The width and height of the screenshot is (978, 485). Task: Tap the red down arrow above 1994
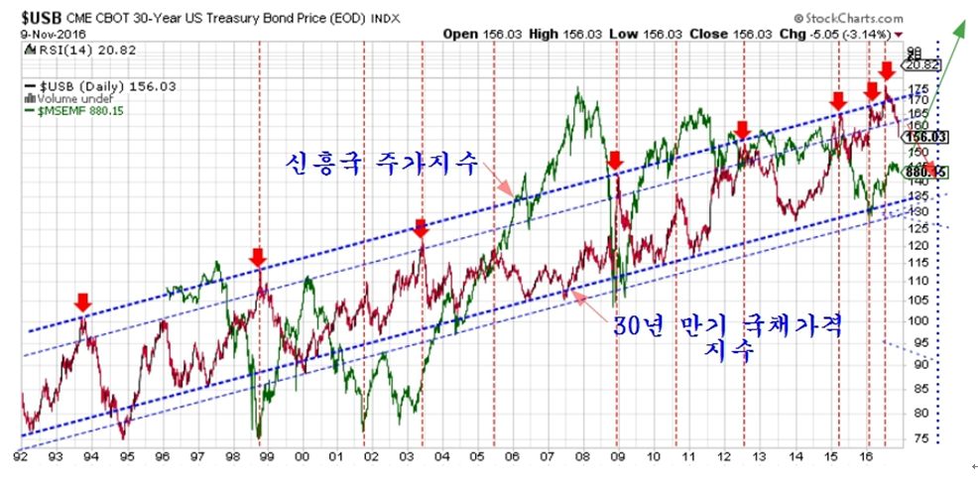83,301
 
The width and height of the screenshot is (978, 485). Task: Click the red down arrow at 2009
615,160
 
